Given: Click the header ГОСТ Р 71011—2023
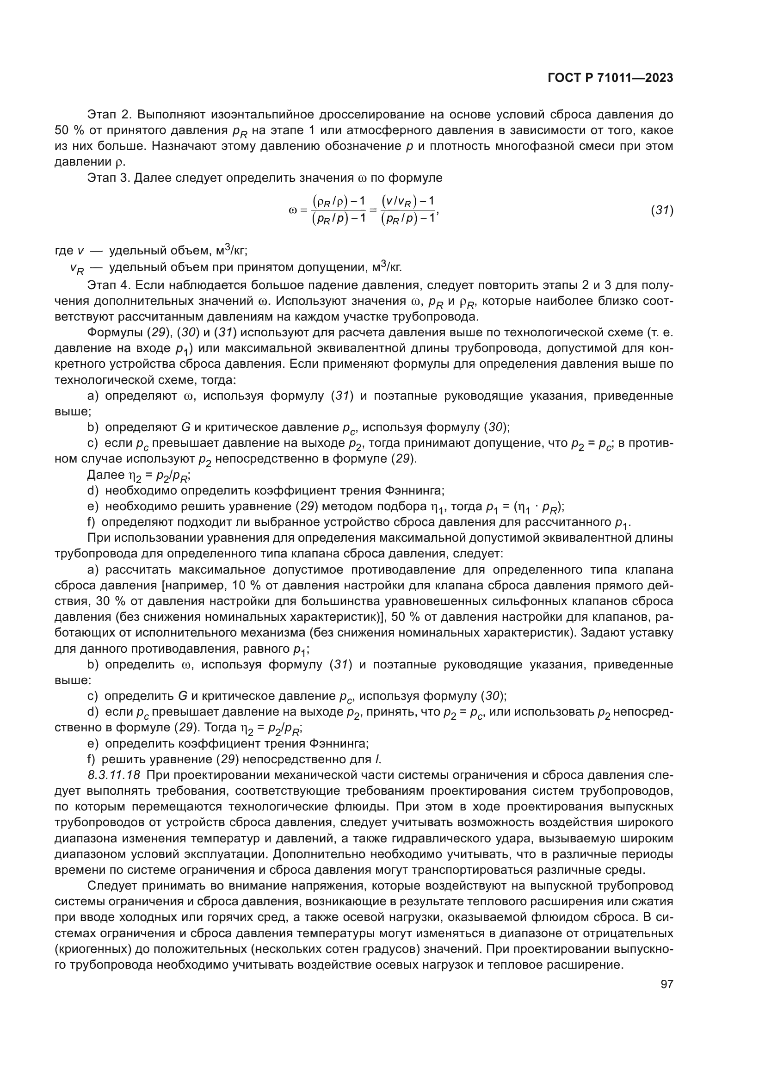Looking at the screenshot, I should click(x=610, y=78).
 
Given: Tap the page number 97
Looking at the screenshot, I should click(x=666, y=984).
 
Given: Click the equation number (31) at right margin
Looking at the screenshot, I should click(x=662, y=210).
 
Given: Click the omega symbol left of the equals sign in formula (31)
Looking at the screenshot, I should click(x=292, y=210).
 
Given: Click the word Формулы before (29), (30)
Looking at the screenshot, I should click(x=115, y=333).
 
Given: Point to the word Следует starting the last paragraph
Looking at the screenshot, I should click(x=112, y=885).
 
